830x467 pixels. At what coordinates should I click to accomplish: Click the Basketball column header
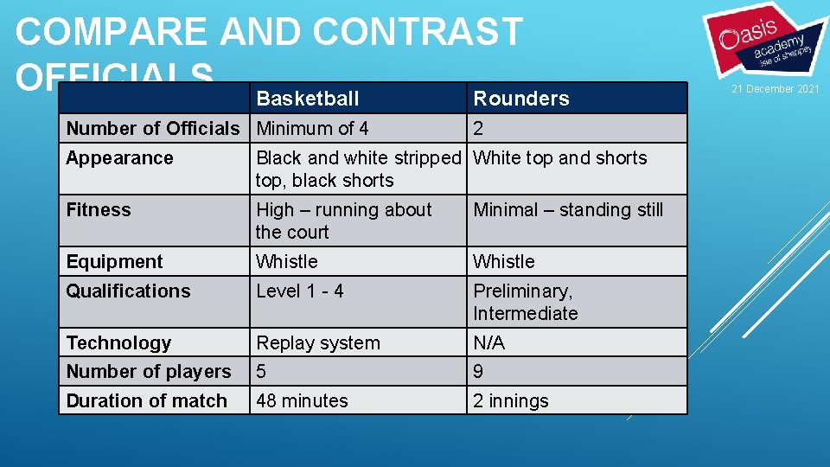[308, 99]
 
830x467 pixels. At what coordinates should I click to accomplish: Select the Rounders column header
[521, 99]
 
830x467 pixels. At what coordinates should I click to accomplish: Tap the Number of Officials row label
[153, 129]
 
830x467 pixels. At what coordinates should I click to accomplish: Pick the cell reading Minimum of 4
[312, 129]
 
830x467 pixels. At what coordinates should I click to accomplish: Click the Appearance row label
[119, 158]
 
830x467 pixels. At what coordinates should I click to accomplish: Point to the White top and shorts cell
[560, 158]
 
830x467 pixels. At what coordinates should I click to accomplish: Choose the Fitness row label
[99, 210]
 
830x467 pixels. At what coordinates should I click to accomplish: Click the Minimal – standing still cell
[568, 210]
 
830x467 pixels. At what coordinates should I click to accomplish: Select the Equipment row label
[114, 262]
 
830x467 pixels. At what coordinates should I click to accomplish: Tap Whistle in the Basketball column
[287, 262]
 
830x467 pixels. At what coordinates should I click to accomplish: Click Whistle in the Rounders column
[504, 262]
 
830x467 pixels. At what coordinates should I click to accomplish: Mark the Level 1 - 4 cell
[299, 291]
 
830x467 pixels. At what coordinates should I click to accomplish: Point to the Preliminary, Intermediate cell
[525, 302]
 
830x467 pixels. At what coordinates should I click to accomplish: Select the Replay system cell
[317, 343]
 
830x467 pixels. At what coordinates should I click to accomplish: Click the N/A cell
[488, 343]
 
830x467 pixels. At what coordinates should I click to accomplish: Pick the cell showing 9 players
[478, 372]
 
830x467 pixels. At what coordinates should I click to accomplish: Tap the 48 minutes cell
[302, 401]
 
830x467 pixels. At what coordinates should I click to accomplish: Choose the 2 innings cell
[510, 401]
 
